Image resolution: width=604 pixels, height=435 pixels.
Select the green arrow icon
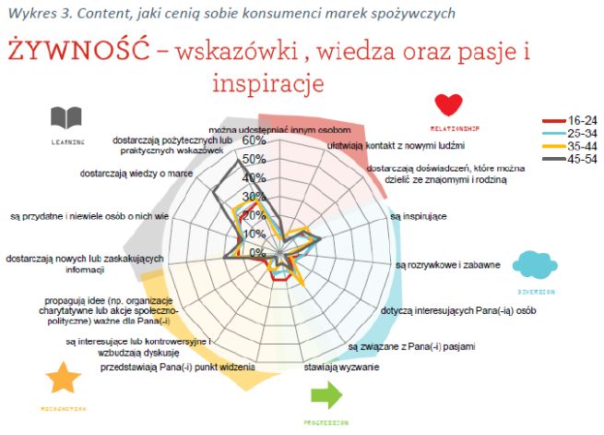coord(326,395)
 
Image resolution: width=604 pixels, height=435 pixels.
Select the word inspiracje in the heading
coord(267,84)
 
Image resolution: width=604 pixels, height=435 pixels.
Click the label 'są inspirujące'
coord(419,216)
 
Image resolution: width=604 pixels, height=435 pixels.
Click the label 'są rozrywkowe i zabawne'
coord(446,265)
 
